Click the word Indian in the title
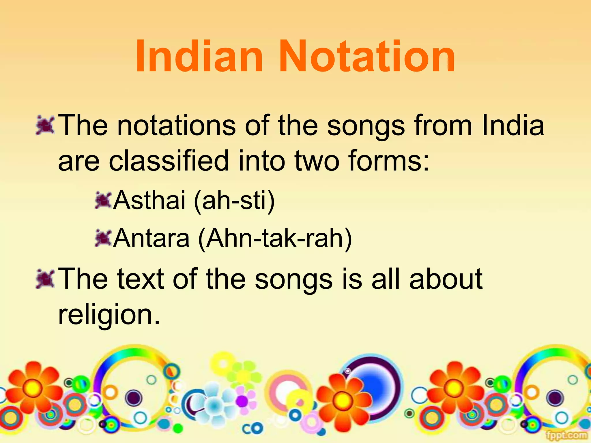(199, 56)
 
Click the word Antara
(151, 238)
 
